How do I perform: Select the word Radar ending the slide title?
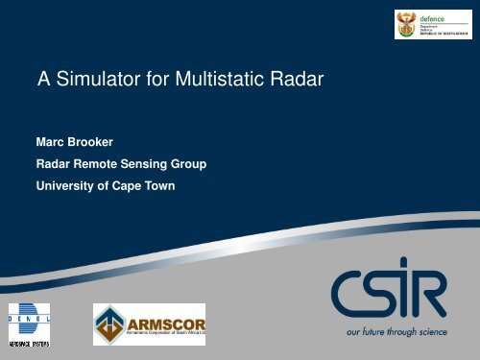[x=295, y=82]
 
